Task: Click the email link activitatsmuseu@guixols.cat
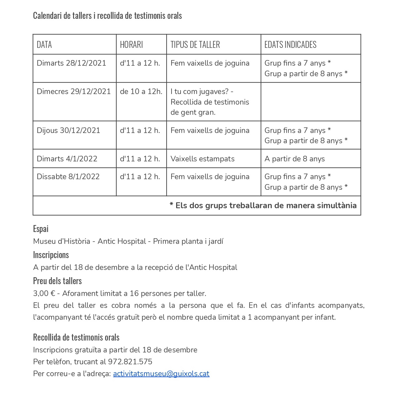(x=161, y=374)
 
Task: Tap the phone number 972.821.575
(x=130, y=362)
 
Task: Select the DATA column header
(x=44, y=45)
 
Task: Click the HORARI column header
(x=131, y=45)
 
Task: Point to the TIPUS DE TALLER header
(x=195, y=45)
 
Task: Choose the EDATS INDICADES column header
(x=290, y=45)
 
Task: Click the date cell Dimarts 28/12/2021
(x=71, y=63)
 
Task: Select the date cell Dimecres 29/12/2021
(x=74, y=91)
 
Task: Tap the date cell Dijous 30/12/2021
(x=68, y=130)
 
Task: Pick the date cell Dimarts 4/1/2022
(x=67, y=159)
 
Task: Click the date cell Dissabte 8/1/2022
(x=68, y=177)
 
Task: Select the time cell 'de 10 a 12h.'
(x=141, y=91)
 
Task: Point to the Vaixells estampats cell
(x=202, y=159)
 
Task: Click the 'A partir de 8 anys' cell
(x=295, y=159)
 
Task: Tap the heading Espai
(x=41, y=229)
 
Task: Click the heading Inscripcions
(x=51, y=255)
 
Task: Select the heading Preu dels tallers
(x=57, y=281)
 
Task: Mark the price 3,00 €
(x=44, y=293)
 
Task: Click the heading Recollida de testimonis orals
(x=76, y=337)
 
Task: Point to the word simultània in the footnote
(x=336, y=206)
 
